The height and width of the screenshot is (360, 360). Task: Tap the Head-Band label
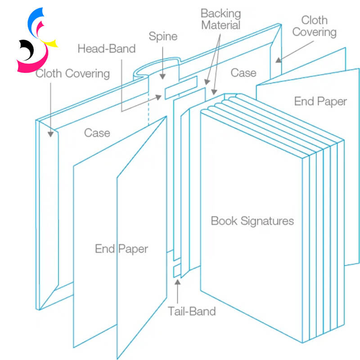tap(106, 49)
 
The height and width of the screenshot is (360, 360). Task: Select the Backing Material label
tap(220, 19)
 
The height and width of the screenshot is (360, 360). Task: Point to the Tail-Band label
tap(192, 311)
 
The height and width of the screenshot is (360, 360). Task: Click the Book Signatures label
tap(252, 221)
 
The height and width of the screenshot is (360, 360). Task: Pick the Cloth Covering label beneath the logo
tap(72, 73)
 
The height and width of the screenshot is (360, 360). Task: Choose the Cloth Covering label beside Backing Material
tap(319, 26)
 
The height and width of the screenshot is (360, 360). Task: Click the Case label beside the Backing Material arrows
tap(243, 73)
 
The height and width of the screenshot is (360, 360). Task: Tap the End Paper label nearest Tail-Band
tap(121, 248)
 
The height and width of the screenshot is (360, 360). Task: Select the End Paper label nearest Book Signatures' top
tap(320, 101)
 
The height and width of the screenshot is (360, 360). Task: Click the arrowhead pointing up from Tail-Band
tap(178, 282)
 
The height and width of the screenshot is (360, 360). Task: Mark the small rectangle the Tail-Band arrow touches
tap(177, 271)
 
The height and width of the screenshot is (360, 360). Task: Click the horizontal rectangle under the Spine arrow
tap(180, 87)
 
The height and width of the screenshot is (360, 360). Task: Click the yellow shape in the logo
tap(52, 44)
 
